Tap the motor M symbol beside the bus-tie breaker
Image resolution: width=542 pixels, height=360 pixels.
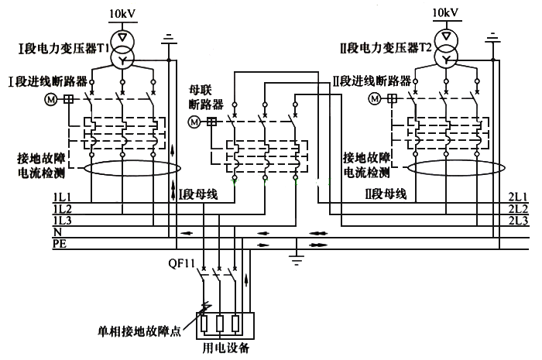pos(194,122)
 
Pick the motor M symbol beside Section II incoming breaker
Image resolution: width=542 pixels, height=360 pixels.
pos(375,98)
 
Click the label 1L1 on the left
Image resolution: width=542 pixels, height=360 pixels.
pos(62,197)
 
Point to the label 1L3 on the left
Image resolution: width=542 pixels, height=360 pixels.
pos(62,221)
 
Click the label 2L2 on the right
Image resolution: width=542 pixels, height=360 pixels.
pos(520,209)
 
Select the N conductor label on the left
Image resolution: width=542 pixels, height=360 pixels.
pos(57,232)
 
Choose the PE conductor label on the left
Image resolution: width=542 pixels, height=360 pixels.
pos(59,243)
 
